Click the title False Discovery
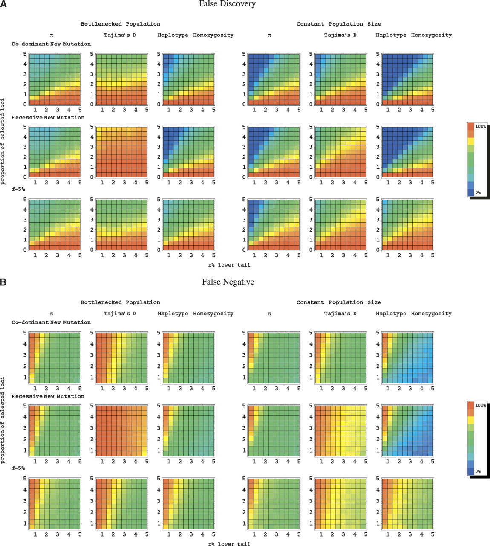click(x=227, y=4)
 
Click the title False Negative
click(x=228, y=282)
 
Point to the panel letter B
click(x=3, y=282)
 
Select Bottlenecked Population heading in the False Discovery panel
click(x=121, y=24)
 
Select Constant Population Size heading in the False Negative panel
click(x=339, y=302)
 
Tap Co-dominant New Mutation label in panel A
click(x=51, y=44)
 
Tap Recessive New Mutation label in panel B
click(x=48, y=396)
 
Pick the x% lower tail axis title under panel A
click(x=229, y=265)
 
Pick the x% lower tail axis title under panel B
click(x=229, y=544)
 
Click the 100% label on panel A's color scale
click(x=480, y=127)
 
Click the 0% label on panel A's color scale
click(x=478, y=192)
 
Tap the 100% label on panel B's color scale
click(x=480, y=405)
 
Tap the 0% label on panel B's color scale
click(x=478, y=471)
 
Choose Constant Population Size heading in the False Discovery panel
click(x=339, y=24)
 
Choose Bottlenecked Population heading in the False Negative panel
click(x=121, y=302)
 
